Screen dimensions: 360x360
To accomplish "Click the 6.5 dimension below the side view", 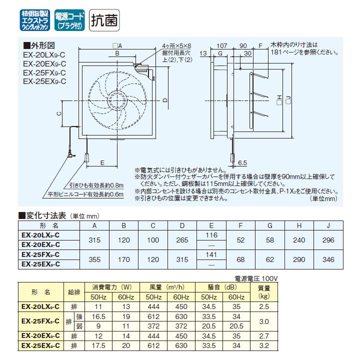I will [242, 163].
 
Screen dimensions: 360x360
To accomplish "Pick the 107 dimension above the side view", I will [222, 45].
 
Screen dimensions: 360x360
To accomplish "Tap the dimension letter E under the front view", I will [102, 163].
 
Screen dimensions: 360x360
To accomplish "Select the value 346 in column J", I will [328, 260].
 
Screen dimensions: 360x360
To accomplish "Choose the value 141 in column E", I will [211, 254].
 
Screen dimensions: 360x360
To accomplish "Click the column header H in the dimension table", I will [299, 226].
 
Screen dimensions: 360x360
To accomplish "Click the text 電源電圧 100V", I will [255, 277].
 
